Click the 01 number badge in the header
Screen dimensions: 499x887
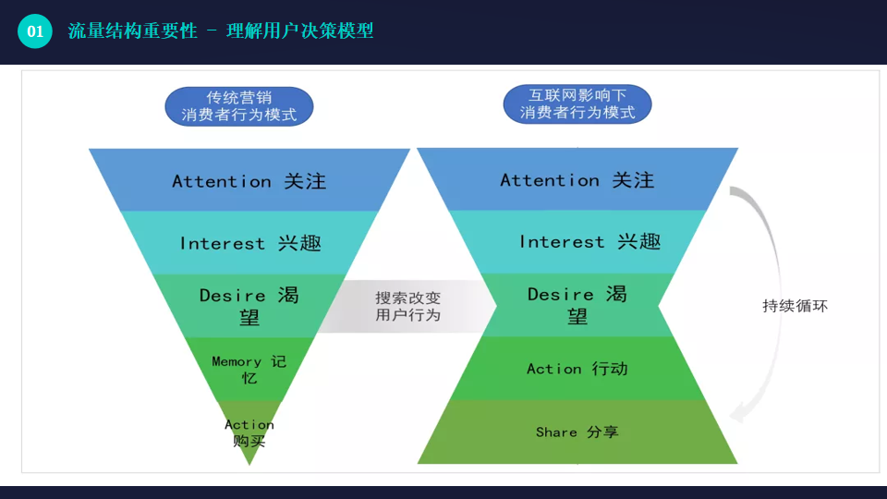[35, 31]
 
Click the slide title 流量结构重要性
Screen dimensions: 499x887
[132, 31]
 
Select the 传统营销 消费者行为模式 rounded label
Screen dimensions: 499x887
[238, 106]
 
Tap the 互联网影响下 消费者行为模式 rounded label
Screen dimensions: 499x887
[577, 104]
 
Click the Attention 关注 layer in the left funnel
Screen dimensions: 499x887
[249, 181]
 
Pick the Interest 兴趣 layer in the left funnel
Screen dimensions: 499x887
[249, 243]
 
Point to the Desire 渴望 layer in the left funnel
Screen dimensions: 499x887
[249, 306]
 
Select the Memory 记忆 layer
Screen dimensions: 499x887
[249, 369]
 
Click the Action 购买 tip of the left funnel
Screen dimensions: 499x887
[249, 432]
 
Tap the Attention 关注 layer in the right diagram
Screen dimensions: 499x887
[577, 180]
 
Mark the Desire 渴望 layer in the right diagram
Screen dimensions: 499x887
[577, 305]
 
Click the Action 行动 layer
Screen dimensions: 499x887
[577, 369]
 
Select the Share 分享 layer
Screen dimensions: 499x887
[577, 432]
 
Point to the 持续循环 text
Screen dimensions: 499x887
[795, 306]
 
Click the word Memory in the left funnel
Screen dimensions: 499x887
[237, 361]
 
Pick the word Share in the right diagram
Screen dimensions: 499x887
[556, 432]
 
